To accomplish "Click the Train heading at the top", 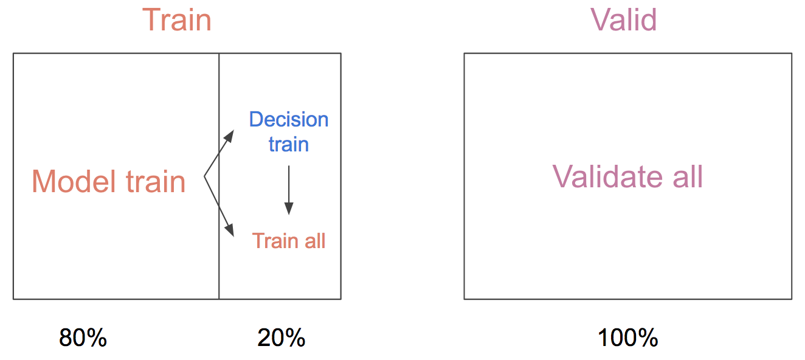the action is tap(177, 20).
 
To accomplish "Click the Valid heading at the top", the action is tap(624, 20).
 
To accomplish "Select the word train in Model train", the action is tap(156, 181).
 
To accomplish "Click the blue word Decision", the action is tap(289, 119).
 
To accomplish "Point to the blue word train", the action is tap(289, 145).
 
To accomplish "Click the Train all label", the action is tap(289, 241).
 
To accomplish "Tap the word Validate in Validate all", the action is tap(607, 177).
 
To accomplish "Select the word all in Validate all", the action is tap(688, 177).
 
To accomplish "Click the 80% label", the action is tap(83, 337).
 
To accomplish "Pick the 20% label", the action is tap(282, 337).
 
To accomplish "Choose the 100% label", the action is tap(628, 337).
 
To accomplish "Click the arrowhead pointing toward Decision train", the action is tap(229, 136).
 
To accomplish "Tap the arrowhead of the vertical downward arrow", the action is tap(289, 209).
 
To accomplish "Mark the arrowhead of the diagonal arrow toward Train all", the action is tap(229, 230).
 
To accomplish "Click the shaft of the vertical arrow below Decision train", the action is tap(289, 184).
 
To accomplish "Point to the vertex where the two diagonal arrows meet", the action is tap(204, 176).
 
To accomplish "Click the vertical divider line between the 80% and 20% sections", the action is tap(219, 176).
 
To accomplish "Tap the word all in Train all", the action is tap(315, 241).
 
